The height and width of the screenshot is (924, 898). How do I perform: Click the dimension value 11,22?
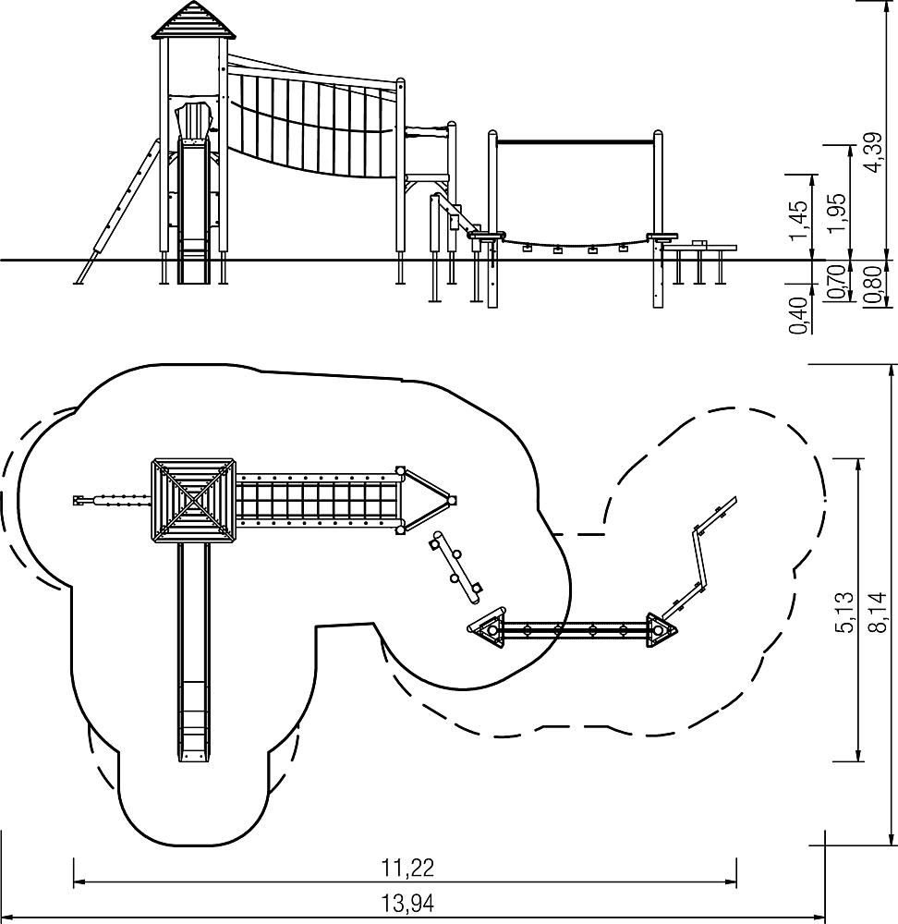[x=407, y=868]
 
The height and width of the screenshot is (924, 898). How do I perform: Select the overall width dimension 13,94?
[x=407, y=902]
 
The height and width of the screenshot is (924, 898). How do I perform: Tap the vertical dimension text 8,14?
[x=878, y=613]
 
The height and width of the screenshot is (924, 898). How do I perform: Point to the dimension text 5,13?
[x=843, y=613]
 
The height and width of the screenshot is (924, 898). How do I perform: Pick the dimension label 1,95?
[x=839, y=213]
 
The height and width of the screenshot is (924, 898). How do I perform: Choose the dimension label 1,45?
[x=799, y=221]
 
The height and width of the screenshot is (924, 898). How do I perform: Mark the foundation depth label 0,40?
[x=799, y=316]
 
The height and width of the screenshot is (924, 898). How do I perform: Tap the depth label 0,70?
[x=839, y=282]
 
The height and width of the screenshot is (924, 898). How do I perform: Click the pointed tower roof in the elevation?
[x=195, y=20]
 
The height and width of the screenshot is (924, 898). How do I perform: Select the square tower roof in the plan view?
[x=194, y=500]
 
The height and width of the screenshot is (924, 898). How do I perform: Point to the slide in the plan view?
[x=194, y=652]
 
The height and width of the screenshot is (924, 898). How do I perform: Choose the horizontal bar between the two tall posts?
[x=575, y=141]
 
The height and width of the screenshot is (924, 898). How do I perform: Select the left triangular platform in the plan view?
[x=489, y=629]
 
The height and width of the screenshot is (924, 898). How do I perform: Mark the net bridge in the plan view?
[x=318, y=500]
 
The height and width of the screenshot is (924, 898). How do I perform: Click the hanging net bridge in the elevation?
[x=312, y=121]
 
